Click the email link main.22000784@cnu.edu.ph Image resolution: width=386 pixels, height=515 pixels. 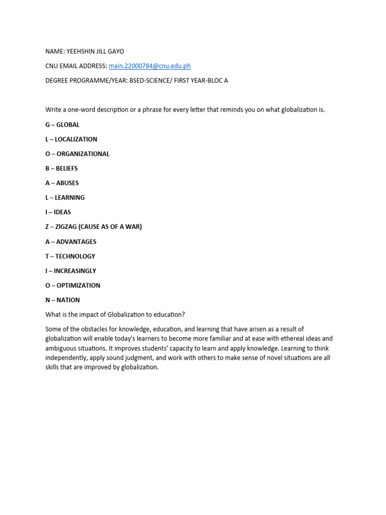point(149,66)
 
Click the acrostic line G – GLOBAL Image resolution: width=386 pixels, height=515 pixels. point(62,125)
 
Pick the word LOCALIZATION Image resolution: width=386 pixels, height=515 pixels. point(76,139)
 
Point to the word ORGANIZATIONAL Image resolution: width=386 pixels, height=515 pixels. point(82,154)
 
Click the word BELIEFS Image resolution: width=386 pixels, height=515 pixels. point(67,168)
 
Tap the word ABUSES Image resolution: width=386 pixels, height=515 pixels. point(67,183)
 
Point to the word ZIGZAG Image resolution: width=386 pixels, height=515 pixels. point(67,227)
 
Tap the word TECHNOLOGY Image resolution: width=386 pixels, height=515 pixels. point(75,256)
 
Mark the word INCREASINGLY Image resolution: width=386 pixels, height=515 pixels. point(75,271)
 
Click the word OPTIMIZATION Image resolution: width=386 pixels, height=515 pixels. point(78,285)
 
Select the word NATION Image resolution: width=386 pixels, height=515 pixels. point(68,300)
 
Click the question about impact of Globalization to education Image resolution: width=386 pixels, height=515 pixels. point(115,315)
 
